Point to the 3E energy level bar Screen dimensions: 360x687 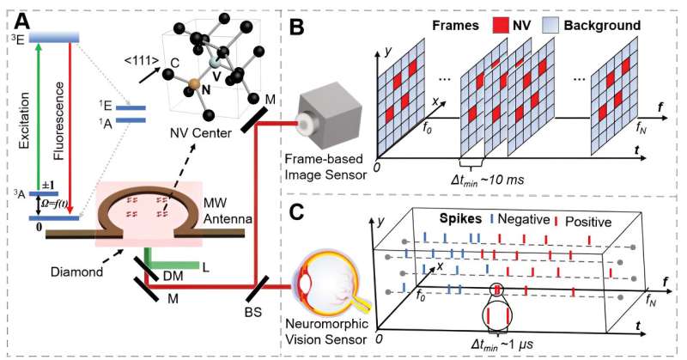click(54, 36)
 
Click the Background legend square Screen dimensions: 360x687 click(570, 25)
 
